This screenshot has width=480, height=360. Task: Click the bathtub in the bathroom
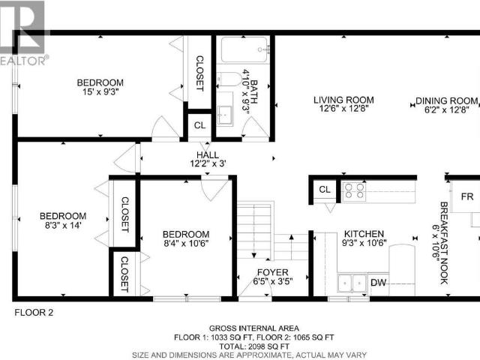click(x=244, y=49)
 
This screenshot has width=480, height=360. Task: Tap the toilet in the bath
click(x=229, y=79)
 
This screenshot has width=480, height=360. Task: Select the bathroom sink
click(x=225, y=115)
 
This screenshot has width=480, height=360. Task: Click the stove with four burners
click(x=354, y=191)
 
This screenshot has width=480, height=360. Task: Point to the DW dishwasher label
click(x=379, y=282)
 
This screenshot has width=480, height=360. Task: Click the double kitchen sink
click(x=352, y=283)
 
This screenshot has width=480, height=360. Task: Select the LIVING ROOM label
click(x=343, y=100)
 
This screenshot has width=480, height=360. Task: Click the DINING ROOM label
click(x=447, y=100)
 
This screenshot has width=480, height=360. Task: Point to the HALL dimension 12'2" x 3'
click(x=208, y=163)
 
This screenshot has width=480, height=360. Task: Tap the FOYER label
click(x=273, y=272)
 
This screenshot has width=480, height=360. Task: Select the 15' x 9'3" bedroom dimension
click(x=100, y=91)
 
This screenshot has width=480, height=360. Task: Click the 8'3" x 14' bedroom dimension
click(x=63, y=225)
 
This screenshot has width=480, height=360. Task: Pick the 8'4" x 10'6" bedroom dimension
click(x=186, y=244)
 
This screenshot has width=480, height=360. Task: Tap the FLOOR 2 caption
click(x=34, y=313)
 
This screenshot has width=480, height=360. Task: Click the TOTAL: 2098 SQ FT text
click(x=254, y=346)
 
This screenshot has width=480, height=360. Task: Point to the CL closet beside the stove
click(x=325, y=190)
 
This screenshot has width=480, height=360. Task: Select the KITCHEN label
click(x=364, y=234)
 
